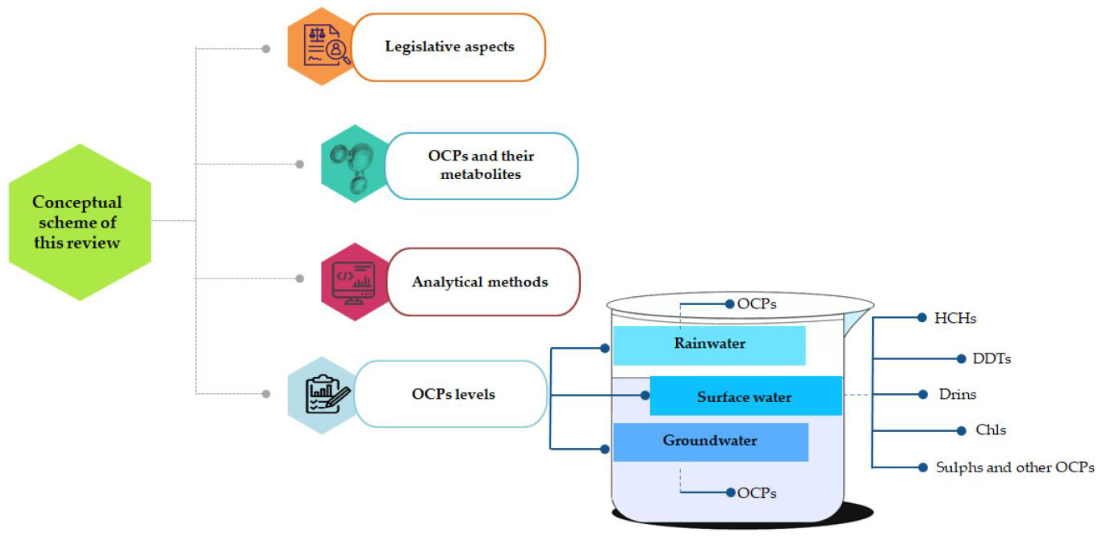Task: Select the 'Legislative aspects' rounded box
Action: click(x=449, y=47)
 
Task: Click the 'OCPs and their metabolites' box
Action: click(x=481, y=166)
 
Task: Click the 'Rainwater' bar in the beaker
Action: click(x=709, y=345)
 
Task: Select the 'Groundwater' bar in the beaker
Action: click(x=710, y=441)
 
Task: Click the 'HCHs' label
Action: click(x=955, y=318)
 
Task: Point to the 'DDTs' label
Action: click(x=991, y=358)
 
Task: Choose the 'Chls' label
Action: click(x=990, y=430)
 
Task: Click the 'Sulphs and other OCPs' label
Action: click(x=1015, y=467)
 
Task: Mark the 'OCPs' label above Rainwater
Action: click(x=756, y=304)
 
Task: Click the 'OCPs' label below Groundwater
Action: click(x=756, y=493)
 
